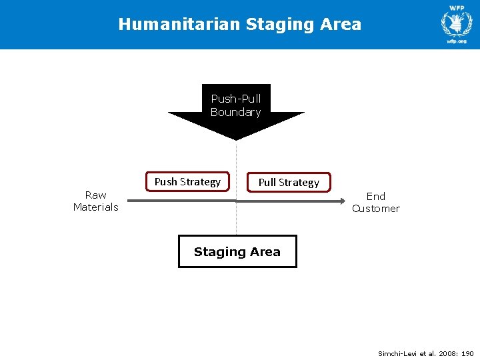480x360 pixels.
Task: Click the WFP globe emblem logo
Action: pyautogui.click(x=457, y=23)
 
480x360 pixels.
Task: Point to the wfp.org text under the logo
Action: pyautogui.click(x=457, y=41)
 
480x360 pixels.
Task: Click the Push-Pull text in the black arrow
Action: pyautogui.click(x=235, y=99)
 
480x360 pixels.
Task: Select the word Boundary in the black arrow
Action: pyautogui.click(x=235, y=112)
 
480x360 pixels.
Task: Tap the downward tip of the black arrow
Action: pyautogui.click(x=236, y=138)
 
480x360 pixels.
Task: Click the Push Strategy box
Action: pyautogui.click(x=187, y=181)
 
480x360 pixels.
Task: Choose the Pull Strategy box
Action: pyautogui.click(x=289, y=182)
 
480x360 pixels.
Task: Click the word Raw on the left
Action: pyautogui.click(x=95, y=195)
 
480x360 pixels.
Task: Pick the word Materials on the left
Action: pyautogui.click(x=95, y=207)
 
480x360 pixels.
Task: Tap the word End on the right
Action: pyautogui.click(x=376, y=196)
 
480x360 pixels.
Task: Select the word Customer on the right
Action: pyautogui.click(x=376, y=208)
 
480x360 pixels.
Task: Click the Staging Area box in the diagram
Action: pyautogui.click(x=237, y=251)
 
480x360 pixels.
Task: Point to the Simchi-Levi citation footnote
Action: pyautogui.click(x=425, y=353)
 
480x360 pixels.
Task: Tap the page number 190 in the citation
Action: pyautogui.click(x=467, y=353)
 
